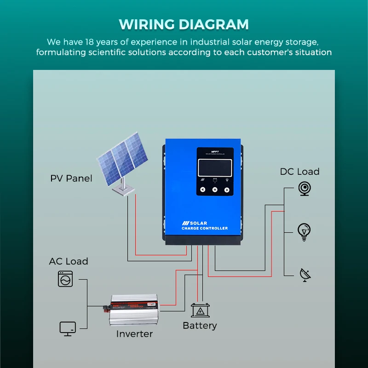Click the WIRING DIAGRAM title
[184, 24]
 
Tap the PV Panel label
[71, 178]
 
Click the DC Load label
[299, 172]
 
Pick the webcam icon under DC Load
[304, 189]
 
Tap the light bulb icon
[304, 231]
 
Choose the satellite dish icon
[305, 274]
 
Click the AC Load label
[69, 261]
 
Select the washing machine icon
[65, 279]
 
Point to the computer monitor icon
[68, 328]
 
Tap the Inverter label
[134, 334]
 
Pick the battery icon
[200, 310]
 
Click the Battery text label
[200, 326]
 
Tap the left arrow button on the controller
[203, 190]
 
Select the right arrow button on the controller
[227, 190]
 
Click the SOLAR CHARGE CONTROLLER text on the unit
[204, 226]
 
